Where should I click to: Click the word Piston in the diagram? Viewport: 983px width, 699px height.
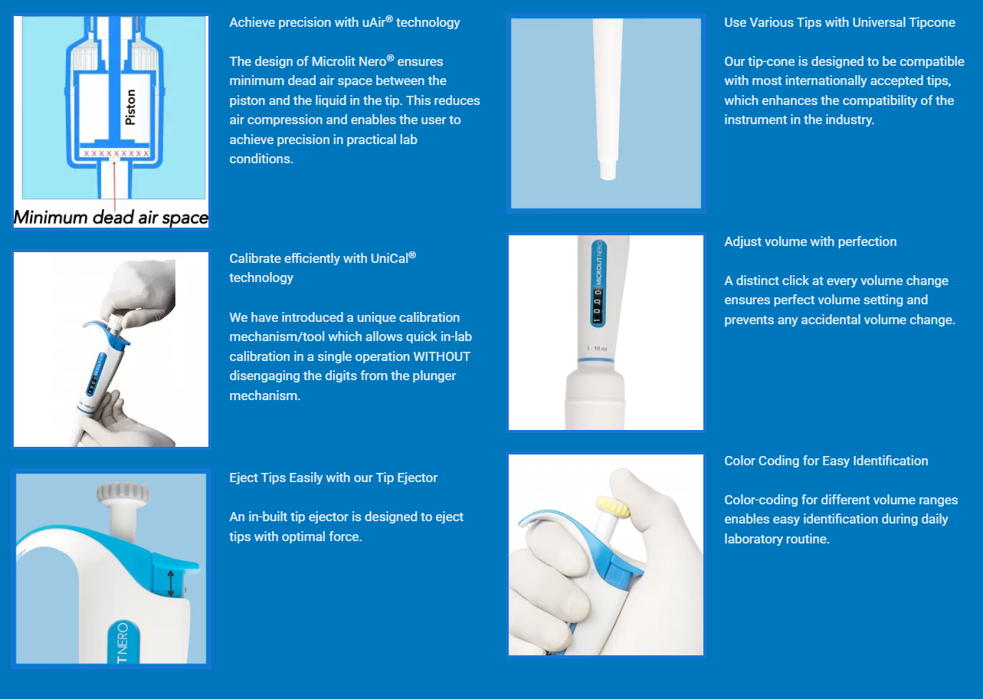pyautogui.click(x=130, y=107)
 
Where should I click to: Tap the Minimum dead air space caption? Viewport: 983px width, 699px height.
pyautogui.click(x=111, y=218)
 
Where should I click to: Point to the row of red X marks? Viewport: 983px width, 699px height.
pyautogui.click(x=116, y=153)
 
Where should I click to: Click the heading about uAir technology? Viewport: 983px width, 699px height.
pyautogui.click(x=345, y=22)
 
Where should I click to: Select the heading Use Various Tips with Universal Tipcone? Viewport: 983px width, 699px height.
pyautogui.click(x=840, y=22)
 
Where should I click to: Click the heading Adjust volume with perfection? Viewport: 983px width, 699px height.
pyautogui.click(x=810, y=241)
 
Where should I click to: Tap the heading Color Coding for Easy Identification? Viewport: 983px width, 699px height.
pyautogui.click(x=826, y=461)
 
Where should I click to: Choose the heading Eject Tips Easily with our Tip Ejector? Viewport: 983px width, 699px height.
pyautogui.click(x=333, y=477)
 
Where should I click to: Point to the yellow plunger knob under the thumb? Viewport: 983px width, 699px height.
pyautogui.click(x=613, y=507)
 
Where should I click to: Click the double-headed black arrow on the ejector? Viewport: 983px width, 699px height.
pyautogui.click(x=171, y=583)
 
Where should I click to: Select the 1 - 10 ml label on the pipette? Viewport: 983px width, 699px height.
pyautogui.click(x=597, y=349)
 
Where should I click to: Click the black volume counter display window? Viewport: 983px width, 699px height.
pyautogui.click(x=598, y=305)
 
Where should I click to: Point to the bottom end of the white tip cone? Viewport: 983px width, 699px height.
pyautogui.click(x=608, y=177)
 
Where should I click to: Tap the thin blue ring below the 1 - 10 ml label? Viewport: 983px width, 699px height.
pyautogui.click(x=595, y=360)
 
